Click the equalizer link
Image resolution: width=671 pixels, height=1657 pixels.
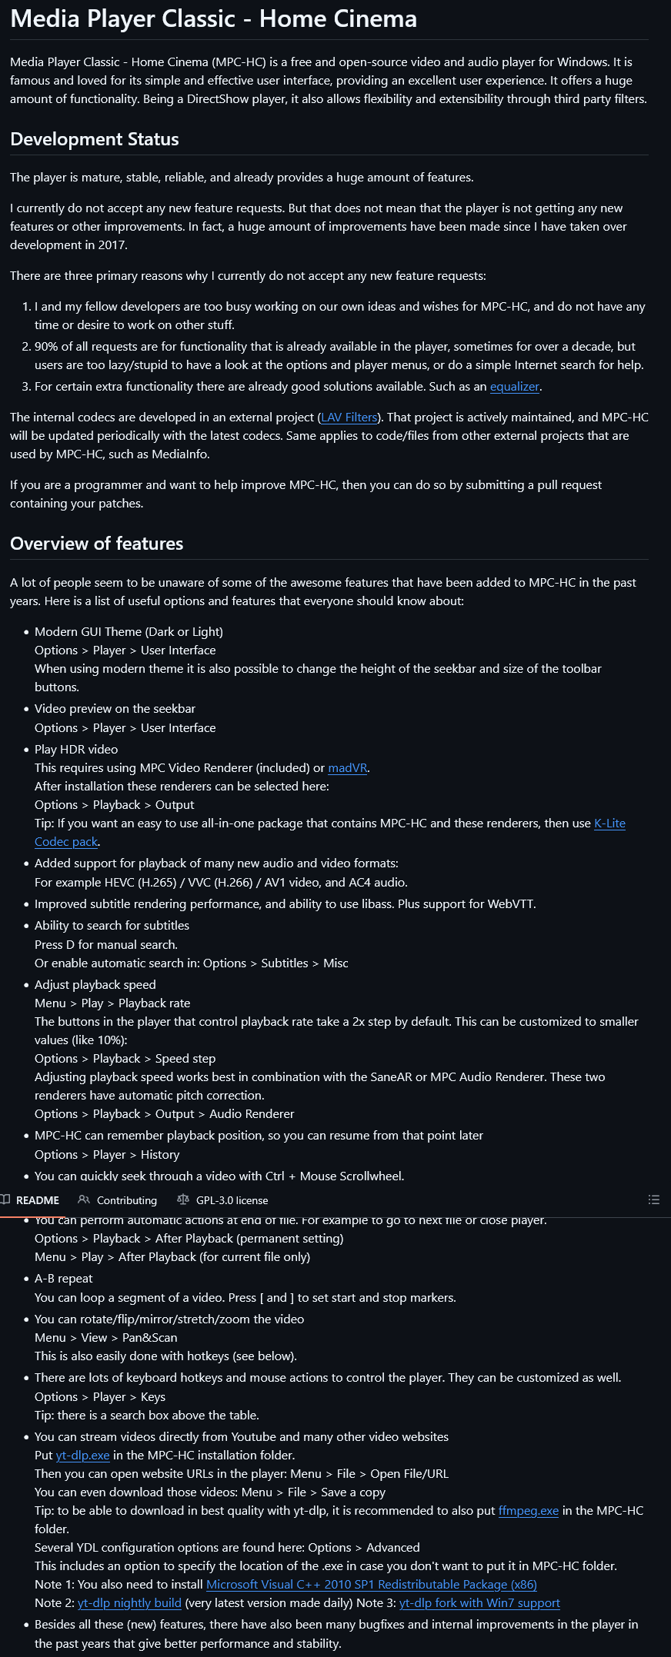(x=515, y=387)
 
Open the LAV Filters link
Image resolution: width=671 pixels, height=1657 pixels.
(x=349, y=418)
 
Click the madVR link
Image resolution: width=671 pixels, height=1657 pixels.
(x=348, y=768)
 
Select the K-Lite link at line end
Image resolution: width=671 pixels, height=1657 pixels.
(x=609, y=824)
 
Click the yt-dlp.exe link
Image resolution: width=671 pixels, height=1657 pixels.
(x=82, y=1456)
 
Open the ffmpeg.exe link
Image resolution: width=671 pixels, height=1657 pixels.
(x=528, y=1511)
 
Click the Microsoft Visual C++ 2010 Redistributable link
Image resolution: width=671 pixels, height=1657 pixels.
(x=372, y=1585)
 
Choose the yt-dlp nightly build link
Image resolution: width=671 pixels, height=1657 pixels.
(x=129, y=1603)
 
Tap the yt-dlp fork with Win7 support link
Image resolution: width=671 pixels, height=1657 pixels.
(x=479, y=1603)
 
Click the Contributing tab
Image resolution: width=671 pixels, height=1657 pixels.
(x=126, y=1200)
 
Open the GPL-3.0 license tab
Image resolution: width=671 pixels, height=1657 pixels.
(x=232, y=1200)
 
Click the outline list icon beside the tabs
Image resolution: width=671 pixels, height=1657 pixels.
(x=654, y=1199)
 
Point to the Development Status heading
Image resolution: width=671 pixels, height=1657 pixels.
(x=95, y=139)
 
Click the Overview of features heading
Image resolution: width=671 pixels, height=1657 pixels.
(x=97, y=544)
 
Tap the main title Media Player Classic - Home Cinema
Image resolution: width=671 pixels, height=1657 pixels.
(x=214, y=18)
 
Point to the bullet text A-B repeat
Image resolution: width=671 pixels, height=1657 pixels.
(x=63, y=1279)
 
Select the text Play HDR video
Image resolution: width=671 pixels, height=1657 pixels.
(x=76, y=750)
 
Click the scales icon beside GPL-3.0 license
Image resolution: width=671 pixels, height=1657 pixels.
(x=182, y=1199)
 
